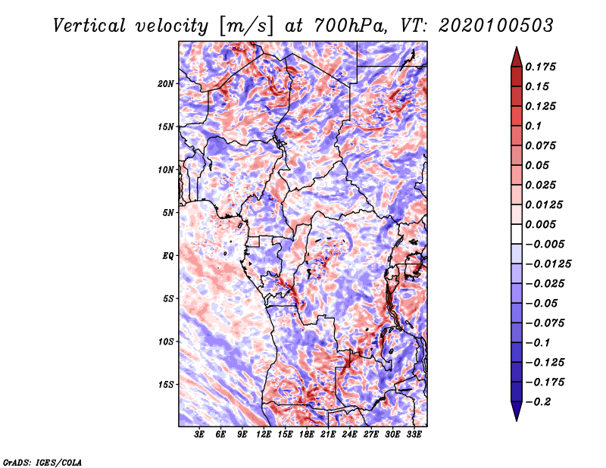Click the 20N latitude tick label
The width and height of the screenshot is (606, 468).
166,84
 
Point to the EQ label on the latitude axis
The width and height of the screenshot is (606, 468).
168,256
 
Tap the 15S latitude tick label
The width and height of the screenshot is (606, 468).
166,385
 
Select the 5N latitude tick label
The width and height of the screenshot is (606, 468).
168,213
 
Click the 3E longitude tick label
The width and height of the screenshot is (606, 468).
199,435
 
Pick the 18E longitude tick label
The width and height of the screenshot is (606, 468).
307,435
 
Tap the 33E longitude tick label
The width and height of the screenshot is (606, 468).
414,435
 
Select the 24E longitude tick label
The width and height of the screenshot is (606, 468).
349,435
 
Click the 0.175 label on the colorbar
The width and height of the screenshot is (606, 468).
540,67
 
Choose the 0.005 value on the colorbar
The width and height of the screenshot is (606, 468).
540,224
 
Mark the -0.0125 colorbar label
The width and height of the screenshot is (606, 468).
548,264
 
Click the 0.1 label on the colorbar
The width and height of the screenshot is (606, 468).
533,126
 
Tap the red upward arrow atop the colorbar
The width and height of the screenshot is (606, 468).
517,57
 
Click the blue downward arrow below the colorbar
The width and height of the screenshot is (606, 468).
517,411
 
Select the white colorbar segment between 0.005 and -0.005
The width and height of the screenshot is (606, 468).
517,234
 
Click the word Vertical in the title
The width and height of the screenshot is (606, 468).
89,26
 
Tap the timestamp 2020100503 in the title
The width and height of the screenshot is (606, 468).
496,26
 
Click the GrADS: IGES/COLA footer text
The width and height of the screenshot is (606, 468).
42,463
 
